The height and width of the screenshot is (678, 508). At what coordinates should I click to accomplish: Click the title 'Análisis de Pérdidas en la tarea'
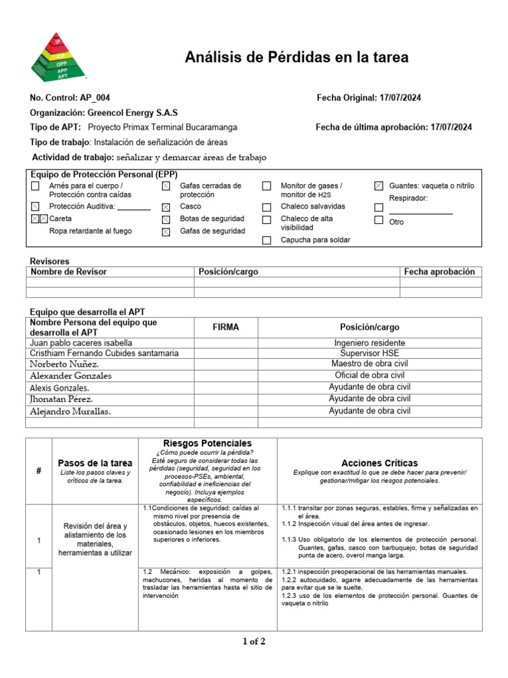296,58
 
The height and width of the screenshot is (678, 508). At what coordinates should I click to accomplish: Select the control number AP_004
95,98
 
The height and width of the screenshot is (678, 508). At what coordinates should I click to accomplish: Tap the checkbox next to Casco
166,207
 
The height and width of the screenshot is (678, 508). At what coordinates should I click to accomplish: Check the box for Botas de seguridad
166,219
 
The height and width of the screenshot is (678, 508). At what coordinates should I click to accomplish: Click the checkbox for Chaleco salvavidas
267,207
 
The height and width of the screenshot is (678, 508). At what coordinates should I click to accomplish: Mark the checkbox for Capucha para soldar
267,240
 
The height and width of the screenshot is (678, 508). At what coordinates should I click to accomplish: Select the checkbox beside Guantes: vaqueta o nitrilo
378,187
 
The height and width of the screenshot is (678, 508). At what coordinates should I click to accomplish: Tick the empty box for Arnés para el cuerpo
35,187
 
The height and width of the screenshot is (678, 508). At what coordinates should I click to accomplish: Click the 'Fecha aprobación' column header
439,271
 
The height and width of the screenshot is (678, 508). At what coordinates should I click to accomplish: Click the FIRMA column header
226,327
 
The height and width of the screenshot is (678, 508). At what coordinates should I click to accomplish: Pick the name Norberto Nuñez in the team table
65,364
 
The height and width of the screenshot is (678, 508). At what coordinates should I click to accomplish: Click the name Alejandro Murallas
70,411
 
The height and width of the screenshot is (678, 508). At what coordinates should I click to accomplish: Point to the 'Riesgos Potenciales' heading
207,443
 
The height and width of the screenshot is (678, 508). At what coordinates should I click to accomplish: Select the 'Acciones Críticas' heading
379,463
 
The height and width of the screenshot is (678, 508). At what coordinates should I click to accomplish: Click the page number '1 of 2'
254,641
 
